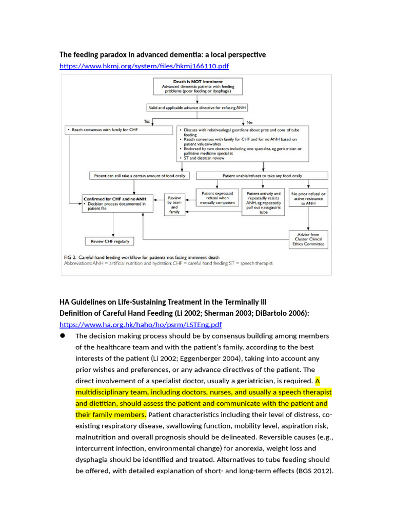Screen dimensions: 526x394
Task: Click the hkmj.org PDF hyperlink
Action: tap(144, 66)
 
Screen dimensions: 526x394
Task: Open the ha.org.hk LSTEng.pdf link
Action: tap(141, 325)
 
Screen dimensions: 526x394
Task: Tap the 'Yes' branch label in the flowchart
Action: tap(147, 122)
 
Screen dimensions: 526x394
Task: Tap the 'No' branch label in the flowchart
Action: tap(250, 122)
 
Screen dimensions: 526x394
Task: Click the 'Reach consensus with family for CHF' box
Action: tap(119, 130)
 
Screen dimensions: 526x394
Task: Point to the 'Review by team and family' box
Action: tap(174, 204)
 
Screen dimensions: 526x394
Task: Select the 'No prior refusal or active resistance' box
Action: tap(308, 198)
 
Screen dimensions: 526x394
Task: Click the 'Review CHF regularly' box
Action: tap(110, 241)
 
